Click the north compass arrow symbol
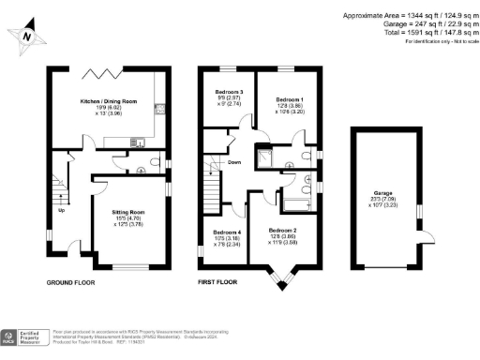(27, 35)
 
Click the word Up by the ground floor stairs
(62, 209)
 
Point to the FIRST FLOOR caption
(219, 281)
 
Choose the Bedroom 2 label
(282, 230)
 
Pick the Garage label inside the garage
(382, 194)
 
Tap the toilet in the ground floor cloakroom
(140, 170)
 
